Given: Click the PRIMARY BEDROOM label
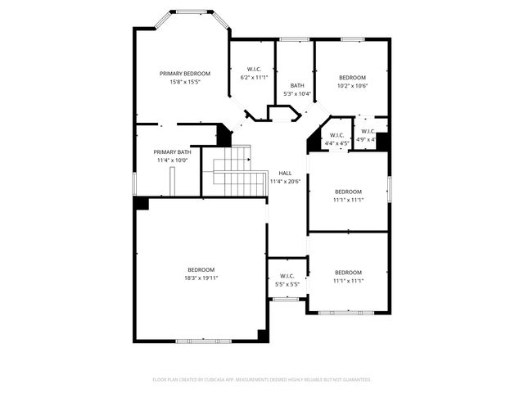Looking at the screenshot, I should [x=184, y=74].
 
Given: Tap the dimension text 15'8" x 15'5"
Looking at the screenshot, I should [x=184, y=82].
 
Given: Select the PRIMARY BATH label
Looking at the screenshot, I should [x=172, y=151].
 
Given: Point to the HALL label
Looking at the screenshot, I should [x=285, y=173].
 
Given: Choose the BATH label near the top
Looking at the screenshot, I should [x=296, y=85].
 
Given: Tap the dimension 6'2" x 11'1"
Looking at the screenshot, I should [x=254, y=77].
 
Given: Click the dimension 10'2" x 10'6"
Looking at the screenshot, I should [x=352, y=85].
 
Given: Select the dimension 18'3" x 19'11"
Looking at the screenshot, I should [x=201, y=278].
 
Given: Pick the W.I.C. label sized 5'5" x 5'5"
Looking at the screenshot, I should [x=287, y=276].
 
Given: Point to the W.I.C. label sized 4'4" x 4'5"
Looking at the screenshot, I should [x=337, y=135].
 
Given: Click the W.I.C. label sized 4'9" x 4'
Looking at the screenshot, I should [x=368, y=131].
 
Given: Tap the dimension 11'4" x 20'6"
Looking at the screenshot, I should [x=285, y=181].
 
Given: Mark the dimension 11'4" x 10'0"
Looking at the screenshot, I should [x=172, y=160].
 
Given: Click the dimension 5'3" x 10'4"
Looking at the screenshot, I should [x=296, y=93].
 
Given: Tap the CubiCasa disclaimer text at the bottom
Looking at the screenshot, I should [x=262, y=380].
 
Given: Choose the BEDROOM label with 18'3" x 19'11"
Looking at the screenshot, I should [x=201, y=270].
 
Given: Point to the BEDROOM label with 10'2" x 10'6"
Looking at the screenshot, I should [x=352, y=77].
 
